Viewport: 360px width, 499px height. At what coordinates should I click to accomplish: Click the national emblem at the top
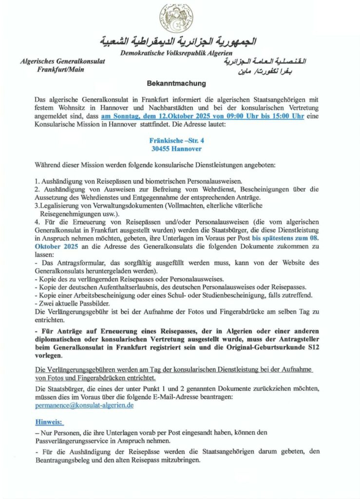176,18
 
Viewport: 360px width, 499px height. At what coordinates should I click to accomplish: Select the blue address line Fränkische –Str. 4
175,140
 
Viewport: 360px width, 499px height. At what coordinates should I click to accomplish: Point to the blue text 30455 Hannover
175,149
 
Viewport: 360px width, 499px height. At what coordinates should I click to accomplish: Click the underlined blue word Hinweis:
50,422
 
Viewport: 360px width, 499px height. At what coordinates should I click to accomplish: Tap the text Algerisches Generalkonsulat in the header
62,61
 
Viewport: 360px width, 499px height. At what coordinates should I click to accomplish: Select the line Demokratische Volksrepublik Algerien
176,53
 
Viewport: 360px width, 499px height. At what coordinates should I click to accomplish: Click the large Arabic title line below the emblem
178,40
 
